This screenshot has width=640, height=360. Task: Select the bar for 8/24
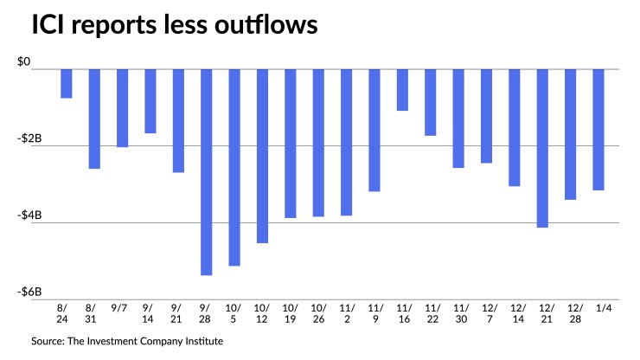tap(66, 83)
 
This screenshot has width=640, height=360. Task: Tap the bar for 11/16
tap(402, 89)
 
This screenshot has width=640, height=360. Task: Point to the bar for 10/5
tap(234, 167)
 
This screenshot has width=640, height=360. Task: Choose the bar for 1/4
tap(598, 129)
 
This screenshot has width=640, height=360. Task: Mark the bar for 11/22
tap(430, 102)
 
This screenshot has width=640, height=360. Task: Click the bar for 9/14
tap(150, 100)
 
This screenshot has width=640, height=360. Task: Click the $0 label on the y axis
tap(23, 62)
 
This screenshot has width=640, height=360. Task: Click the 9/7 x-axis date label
tap(122, 308)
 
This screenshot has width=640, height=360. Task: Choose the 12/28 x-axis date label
tap(570, 313)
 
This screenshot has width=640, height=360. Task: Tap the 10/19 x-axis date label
tap(290, 313)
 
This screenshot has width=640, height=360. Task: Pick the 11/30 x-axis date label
tap(458, 313)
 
